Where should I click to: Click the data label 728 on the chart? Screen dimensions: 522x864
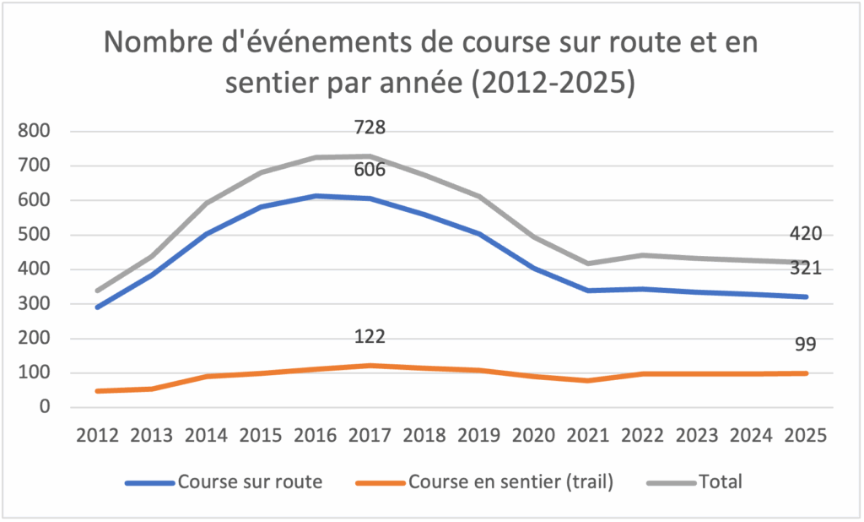[370, 128]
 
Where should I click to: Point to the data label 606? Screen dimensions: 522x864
[370, 170]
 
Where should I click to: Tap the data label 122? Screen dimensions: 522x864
[370, 337]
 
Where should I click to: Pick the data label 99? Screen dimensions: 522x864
[805, 343]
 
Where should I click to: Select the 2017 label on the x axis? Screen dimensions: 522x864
[369, 436]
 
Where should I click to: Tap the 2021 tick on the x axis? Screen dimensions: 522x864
[587, 436]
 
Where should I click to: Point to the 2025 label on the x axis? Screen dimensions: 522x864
[806, 436]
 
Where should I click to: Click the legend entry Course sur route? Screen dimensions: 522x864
[249, 483]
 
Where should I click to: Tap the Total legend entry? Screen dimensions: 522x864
[720, 483]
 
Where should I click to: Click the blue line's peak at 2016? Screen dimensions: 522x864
[315, 196]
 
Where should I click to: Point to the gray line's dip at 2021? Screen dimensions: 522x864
[587, 264]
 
